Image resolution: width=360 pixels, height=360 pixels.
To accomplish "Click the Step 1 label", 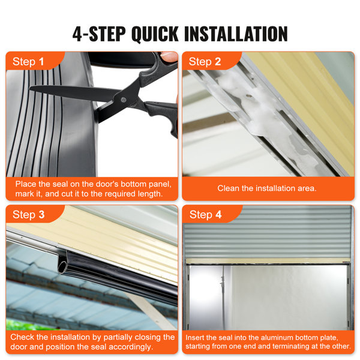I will (x=28, y=62).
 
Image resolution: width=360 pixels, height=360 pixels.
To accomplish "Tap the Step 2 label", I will (x=205, y=62).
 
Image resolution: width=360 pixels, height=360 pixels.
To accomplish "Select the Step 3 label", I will (x=28, y=215).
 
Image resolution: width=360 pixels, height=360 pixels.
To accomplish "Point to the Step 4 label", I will (x=205, y=215).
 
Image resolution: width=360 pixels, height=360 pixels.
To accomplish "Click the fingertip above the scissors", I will (x=170, y=56).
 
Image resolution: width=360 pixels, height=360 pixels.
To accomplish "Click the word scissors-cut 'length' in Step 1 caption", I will (x=148, y=194).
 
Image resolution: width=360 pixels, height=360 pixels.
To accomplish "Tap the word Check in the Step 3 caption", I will (x=24, y=337).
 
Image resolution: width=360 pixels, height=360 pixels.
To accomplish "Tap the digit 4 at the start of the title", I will (x=78, y=33).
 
